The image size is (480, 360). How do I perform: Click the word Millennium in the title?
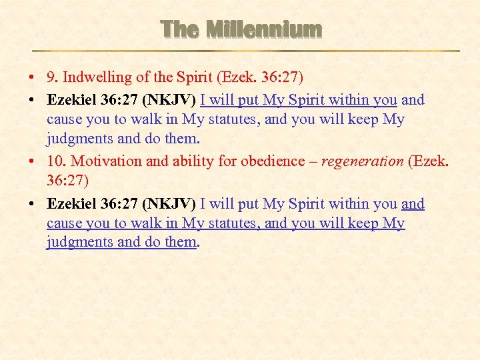pyautogui.click(x=264, y=30)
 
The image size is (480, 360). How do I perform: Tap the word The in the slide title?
pyautogui.click(x=179, y=30)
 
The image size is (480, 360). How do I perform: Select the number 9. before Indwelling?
pyautogui.click(x=53, y=79)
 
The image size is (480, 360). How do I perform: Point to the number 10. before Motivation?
pyautogui.click(x=56, y=161)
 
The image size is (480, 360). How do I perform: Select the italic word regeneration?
pyautogui.click(x=362, y=161)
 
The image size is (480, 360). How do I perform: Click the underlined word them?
pyautogui.click(x=180, y=243)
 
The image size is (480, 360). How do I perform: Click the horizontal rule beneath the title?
pyautogui.click(x=247, y=51)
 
